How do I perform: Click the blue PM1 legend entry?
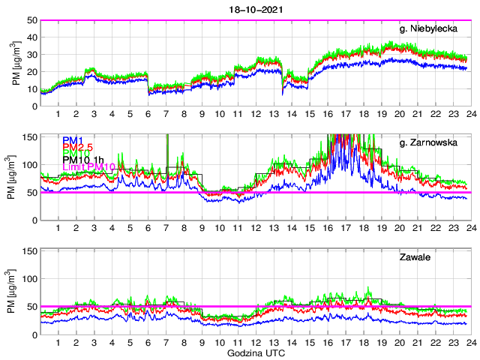[x=73, y=140]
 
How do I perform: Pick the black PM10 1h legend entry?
[x=83, y=160]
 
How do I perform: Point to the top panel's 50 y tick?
[x=33, y=20]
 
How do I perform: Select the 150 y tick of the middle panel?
[x=30, y=136]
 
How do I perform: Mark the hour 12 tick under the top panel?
[x=255, y=114]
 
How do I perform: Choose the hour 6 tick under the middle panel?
[x=148, y=229]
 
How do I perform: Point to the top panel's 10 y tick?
[x=33, y=89]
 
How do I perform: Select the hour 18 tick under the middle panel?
[x=362, y=229]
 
